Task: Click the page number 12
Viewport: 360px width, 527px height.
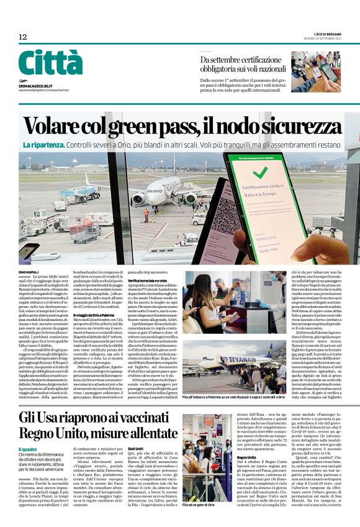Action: point(23,37)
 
